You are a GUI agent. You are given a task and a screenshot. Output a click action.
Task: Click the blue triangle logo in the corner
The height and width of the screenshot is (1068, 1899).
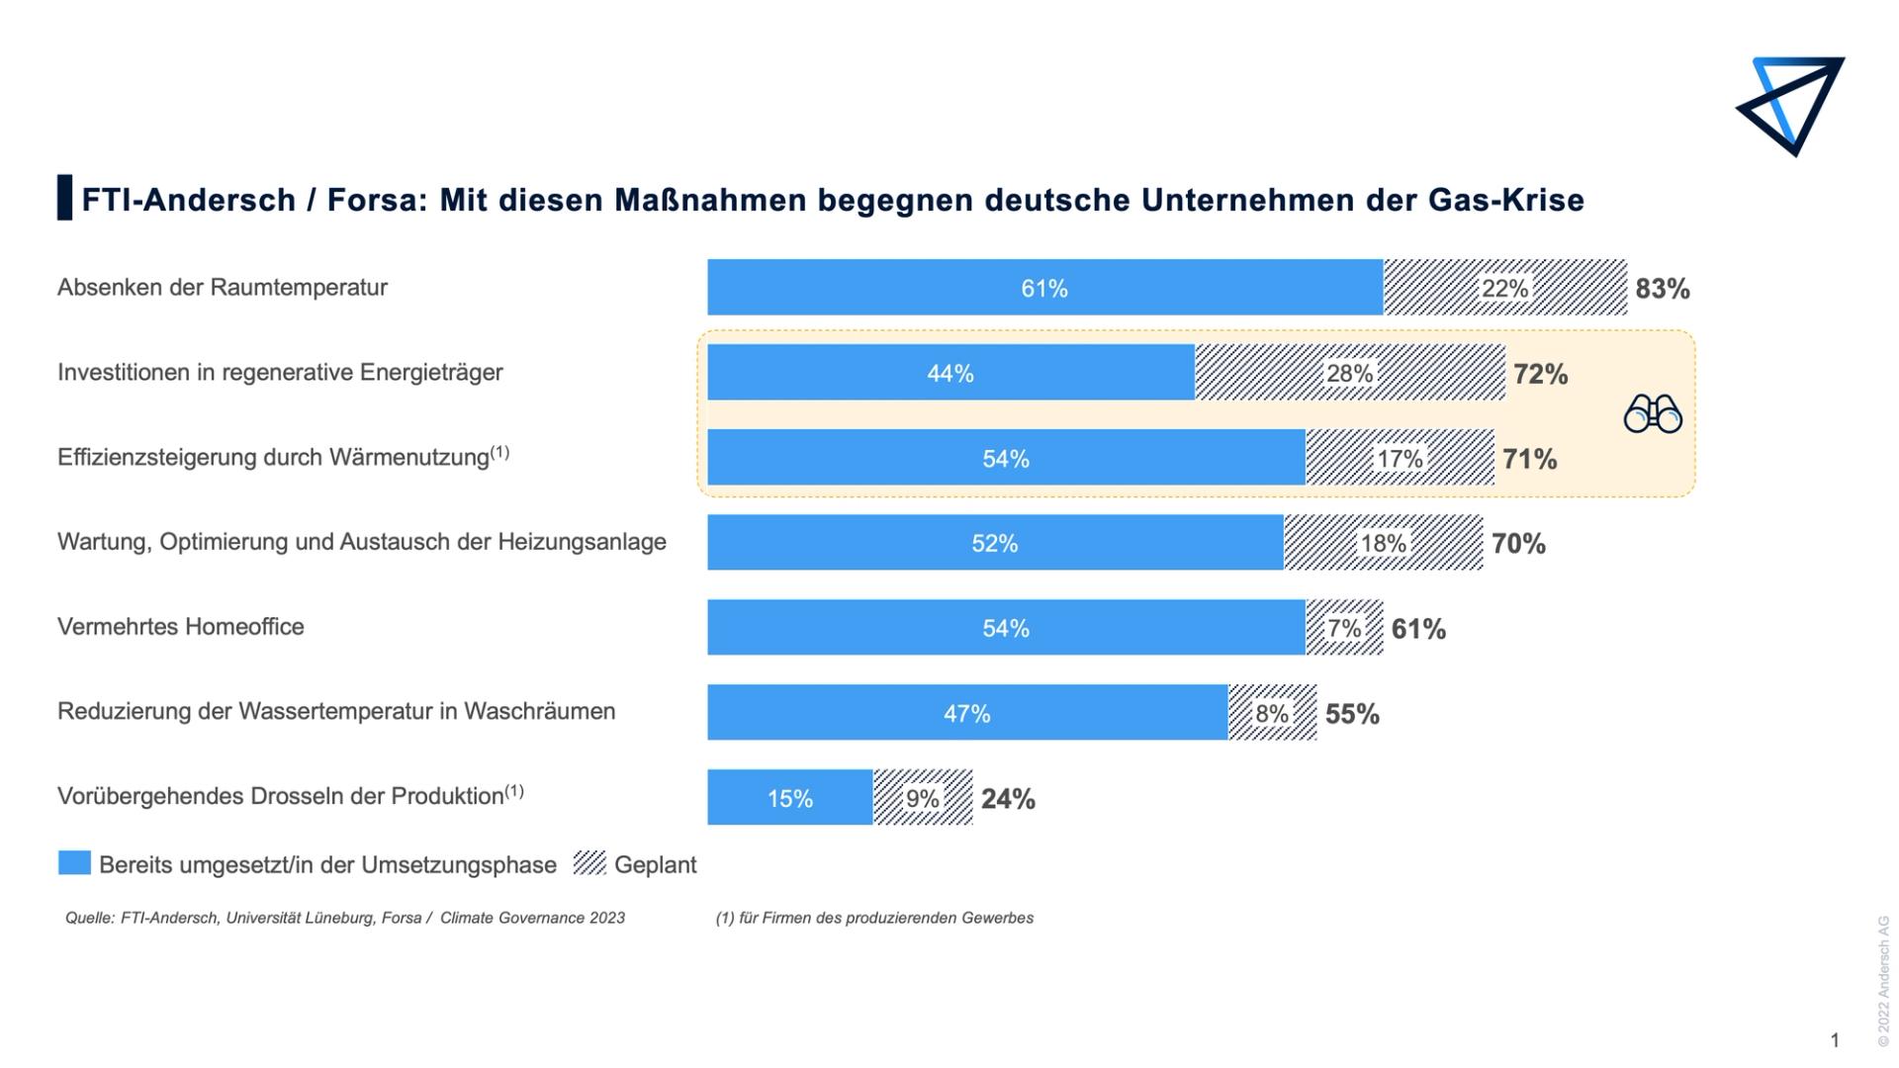[1791, 103]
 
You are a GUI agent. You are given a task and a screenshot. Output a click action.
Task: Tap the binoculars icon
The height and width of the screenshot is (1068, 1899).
[1652, 413]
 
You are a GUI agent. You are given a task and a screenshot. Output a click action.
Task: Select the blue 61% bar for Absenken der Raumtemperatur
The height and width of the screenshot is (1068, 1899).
[1044, 288]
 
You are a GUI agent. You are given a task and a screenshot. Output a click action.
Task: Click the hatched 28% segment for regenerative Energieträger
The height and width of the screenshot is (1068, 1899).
[1349, 373]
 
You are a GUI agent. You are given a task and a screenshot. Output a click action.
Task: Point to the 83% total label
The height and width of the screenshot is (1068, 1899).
[1662, 289]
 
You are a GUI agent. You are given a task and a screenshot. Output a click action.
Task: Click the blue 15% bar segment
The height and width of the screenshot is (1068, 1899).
[789, 798]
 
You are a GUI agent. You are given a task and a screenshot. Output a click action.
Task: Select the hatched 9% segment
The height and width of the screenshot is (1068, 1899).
[923, 798]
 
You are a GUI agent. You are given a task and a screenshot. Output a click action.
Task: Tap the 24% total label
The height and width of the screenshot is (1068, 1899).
[1008, 799]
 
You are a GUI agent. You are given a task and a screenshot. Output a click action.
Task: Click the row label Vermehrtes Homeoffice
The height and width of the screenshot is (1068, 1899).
[181, 627]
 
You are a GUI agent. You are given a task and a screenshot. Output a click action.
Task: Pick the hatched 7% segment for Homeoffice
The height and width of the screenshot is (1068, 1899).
[1344, 628]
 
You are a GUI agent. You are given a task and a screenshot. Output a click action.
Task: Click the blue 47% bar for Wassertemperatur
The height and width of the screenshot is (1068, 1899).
[966, 713]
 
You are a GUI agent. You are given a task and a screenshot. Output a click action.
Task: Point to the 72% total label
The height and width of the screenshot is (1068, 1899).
[1540, 374]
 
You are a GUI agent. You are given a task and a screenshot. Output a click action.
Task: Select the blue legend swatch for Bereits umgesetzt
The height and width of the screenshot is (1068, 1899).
[74, 863]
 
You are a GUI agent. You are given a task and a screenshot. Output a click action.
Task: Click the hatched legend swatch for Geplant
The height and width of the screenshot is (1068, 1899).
[589, 863]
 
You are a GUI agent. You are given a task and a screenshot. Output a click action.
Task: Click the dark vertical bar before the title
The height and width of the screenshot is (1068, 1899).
[64, 198]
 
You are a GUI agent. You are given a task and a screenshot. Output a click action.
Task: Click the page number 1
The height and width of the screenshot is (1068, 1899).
[1835, 1040]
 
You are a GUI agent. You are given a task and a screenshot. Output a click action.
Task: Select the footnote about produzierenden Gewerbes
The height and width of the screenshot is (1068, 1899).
[874, 918]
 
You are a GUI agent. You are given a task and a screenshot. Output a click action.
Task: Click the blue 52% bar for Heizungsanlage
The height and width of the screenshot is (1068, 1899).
[994, 543]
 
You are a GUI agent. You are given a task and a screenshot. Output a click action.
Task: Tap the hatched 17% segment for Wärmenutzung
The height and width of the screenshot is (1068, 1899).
[1400, 458]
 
